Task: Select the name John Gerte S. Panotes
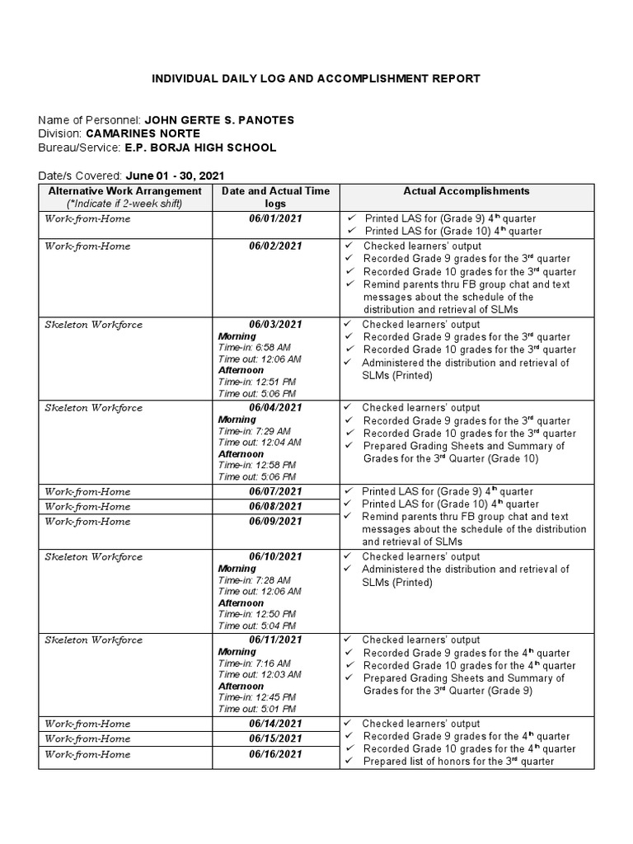coord(219,120)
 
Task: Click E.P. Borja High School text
coord(200,148)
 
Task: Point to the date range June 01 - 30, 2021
coord(174,176)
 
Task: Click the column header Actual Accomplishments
coord(467,191)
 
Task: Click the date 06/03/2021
coord(275,325)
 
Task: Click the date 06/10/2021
coord(275,557)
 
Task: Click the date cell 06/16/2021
coord(275,754)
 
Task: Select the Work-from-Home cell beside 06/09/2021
coord(87,522)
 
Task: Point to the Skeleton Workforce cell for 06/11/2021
coord(93,640)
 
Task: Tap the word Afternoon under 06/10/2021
coord(241,603)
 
